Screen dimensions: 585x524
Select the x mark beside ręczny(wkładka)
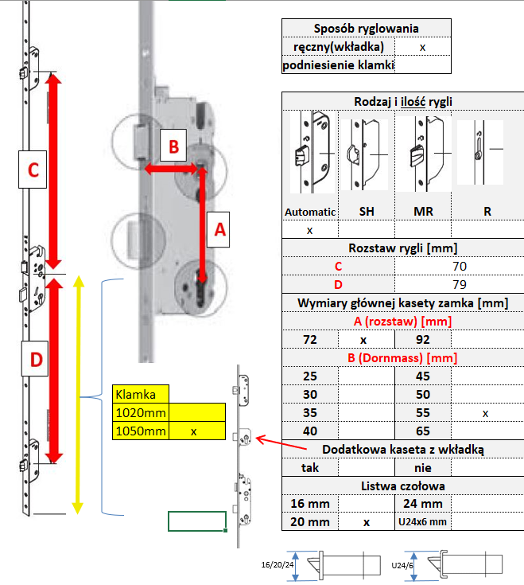point(422,47)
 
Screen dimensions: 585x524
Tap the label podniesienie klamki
point(339,65)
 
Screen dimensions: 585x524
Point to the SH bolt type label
point(367,213)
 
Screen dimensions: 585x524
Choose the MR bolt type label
point(422,213)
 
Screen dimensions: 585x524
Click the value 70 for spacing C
point(459,266)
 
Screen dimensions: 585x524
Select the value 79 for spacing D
point(459,284)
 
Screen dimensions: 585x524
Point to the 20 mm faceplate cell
point(310,521)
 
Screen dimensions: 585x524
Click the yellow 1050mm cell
point(141,431)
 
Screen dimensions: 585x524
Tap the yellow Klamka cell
point(141,394)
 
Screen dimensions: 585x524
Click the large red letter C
point(33,170)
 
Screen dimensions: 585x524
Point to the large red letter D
point(36,360)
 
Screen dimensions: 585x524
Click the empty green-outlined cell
point(197,521)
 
